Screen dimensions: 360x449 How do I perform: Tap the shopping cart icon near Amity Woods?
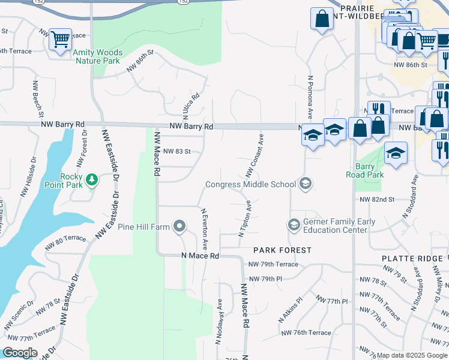(x=60, y=40)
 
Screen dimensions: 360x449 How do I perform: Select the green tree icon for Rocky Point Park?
(x=91, y=179)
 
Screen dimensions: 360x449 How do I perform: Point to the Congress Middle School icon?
(x=306, y=184)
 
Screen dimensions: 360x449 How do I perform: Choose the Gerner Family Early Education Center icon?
(x=294, y=225)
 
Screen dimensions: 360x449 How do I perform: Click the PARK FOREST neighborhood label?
(x=282, y=250)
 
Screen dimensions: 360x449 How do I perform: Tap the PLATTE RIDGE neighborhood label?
(x=412, y=258)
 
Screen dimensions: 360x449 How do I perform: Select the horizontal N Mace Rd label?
(x=200, y=256)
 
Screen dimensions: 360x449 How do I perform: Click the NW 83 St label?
(x=176, y=152)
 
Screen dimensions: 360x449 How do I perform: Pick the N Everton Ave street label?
(x=204, y=229)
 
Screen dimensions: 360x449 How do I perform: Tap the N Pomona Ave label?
(x=310, y=95)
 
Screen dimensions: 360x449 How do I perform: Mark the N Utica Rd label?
(x=190, y=105)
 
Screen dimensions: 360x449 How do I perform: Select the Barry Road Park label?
(x=364, y=171)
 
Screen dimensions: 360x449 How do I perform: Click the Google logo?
(x=20, y=353)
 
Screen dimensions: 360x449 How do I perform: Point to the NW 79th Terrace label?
(x=273, y=264)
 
